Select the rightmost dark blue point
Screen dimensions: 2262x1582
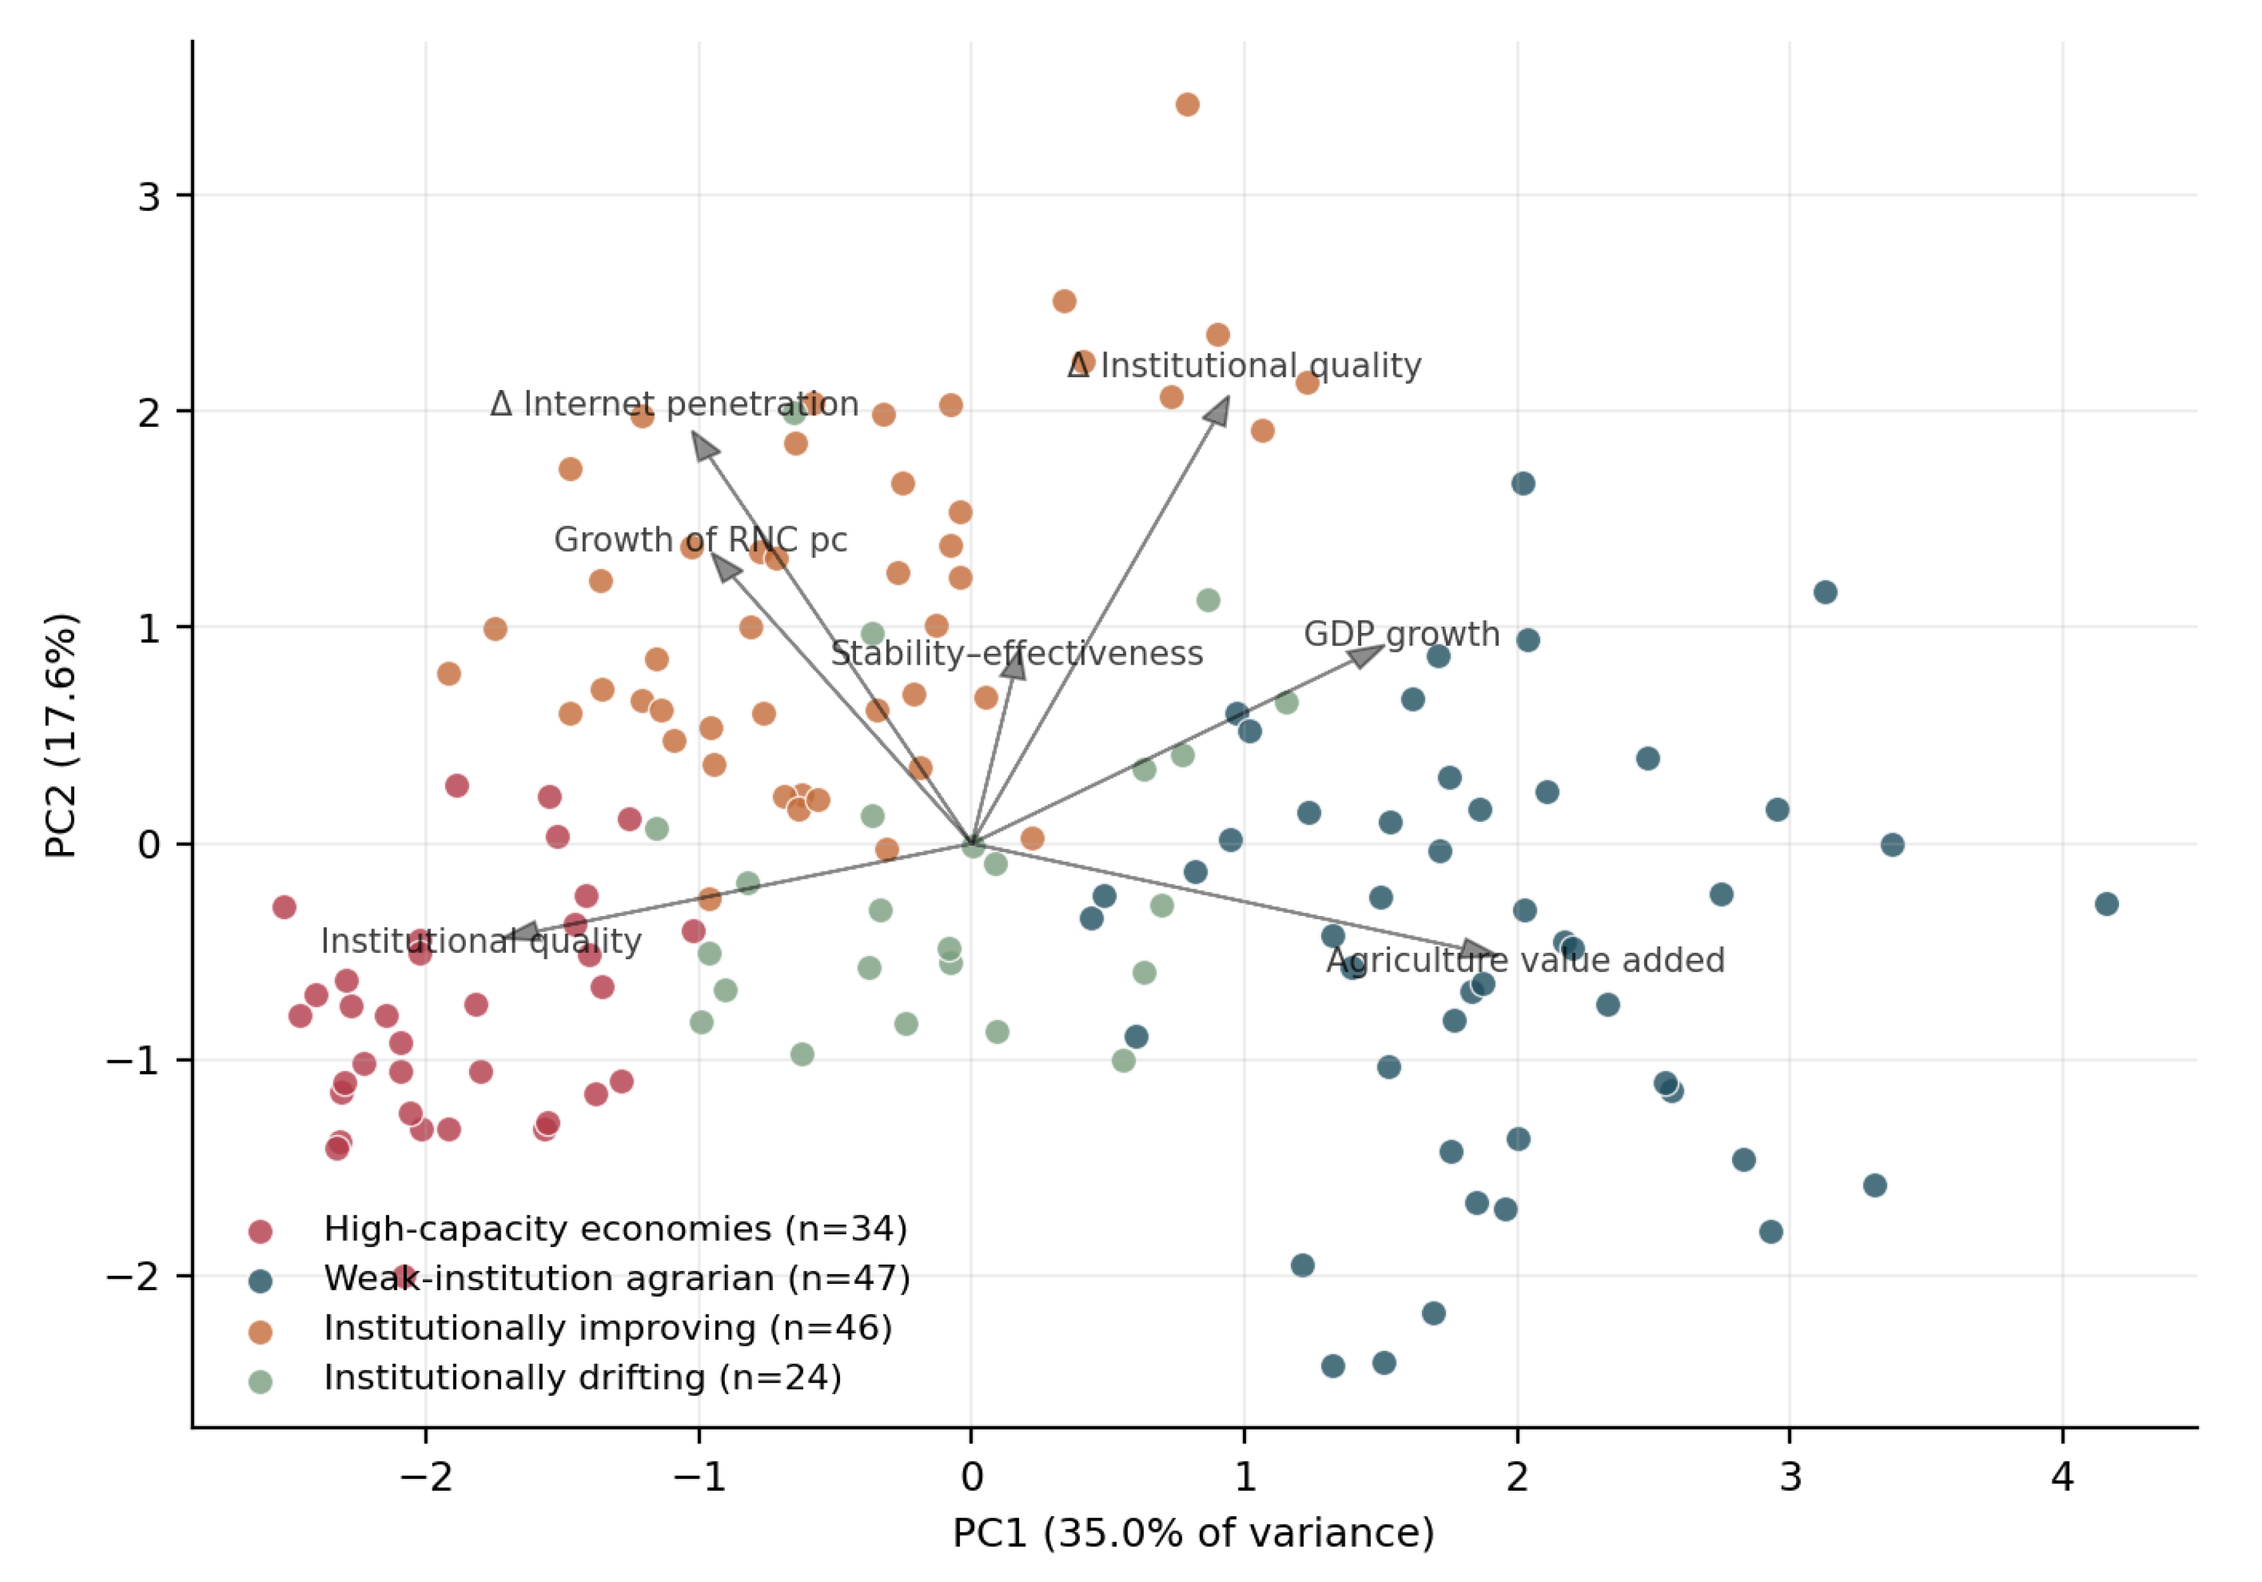pos(2106,904)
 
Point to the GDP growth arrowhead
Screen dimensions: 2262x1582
pos(1366,654)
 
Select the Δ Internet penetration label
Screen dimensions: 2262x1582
pos(674,404)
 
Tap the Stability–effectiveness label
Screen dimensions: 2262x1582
pos(1017,653)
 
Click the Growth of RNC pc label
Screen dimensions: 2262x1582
pos(700,540)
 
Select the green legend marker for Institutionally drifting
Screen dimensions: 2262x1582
pos(260,1381)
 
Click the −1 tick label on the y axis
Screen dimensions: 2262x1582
pos(133,1061)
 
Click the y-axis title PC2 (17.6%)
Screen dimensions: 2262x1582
pos(61,736)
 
